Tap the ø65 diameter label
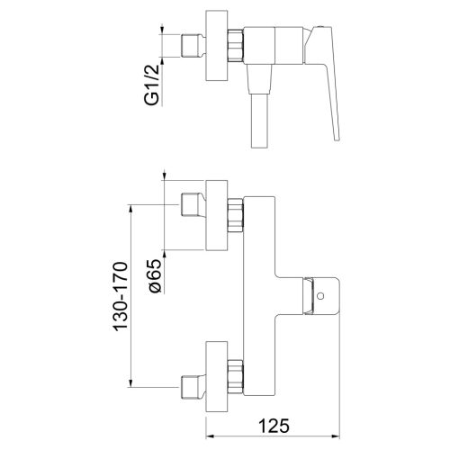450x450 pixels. (153, 274)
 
